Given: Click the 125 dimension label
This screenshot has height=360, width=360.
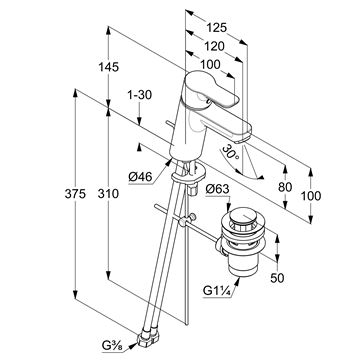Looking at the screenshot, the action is pyautogui.click(x=216, y=27).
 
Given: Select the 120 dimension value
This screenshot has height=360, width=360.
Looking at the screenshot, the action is pyautogui.click(x=214, y=46).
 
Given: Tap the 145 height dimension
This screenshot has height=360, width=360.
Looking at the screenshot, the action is pyautogui.click(x=108, y=67).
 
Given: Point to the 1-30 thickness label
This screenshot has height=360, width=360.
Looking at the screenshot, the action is pyautogui.click(x=140, y=95).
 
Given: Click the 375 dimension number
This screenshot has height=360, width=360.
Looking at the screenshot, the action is pyautogui.click(x=75, y=193).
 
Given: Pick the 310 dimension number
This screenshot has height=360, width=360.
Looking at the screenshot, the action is pyautogui.click(x=108, y=193).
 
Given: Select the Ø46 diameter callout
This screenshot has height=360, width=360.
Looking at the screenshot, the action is pyautogui.click(x=139, y=176).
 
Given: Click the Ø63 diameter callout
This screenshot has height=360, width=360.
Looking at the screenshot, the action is pyautogui.click(x=217, y=189).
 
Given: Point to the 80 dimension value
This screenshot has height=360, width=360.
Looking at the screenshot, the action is pyautogui.click(x=285, y=187).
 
